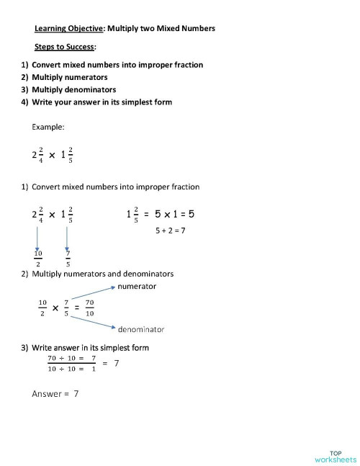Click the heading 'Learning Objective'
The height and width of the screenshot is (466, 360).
[70, 29]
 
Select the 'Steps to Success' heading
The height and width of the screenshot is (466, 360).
[65, 48]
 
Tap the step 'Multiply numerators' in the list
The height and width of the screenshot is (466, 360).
[69, 77]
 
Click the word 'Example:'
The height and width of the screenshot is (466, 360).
[48, 127]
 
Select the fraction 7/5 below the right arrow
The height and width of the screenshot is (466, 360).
[68, 258]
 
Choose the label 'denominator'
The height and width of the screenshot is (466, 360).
[141, 329]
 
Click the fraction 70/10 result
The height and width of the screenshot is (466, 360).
[89, 308]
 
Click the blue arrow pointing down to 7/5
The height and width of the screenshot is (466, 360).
[67, 236]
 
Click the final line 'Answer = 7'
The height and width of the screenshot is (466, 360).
[55, 394]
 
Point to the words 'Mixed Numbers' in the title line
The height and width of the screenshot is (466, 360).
[185, 29]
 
